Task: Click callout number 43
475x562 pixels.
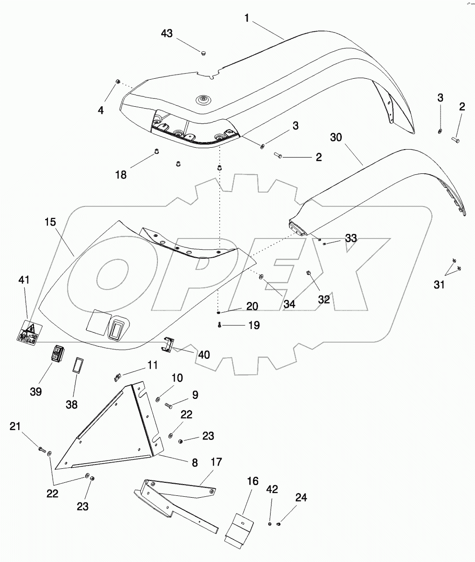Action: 167,34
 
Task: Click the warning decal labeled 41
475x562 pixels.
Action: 27,334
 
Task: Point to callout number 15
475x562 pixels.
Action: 50,221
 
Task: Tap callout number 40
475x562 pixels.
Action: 204,355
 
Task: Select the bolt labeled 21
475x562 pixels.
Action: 42,450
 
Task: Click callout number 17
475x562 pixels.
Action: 216,463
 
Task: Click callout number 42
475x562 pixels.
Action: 272,489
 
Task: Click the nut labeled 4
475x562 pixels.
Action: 118,82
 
